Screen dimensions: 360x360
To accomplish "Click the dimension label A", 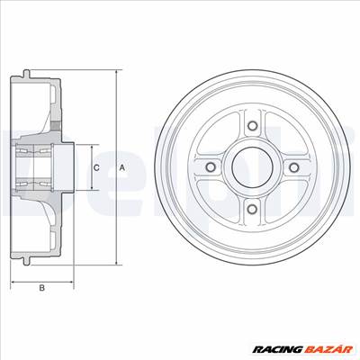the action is coord(121,167).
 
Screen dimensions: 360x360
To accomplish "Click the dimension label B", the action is coord(42,288).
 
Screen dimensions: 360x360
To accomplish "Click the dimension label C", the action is coord(96,167).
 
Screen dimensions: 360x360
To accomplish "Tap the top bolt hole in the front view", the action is coord(253,125).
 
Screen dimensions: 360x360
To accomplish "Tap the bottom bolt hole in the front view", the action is coord(253,209).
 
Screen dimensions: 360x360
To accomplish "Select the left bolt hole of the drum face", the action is coord(211,167).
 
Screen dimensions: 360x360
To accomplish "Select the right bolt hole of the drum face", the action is coord(294,167).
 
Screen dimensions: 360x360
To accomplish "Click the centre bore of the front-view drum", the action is coord(253,167).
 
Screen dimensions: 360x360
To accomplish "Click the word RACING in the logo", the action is coord(277,350).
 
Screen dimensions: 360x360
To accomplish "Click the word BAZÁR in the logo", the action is coord(328,349).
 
